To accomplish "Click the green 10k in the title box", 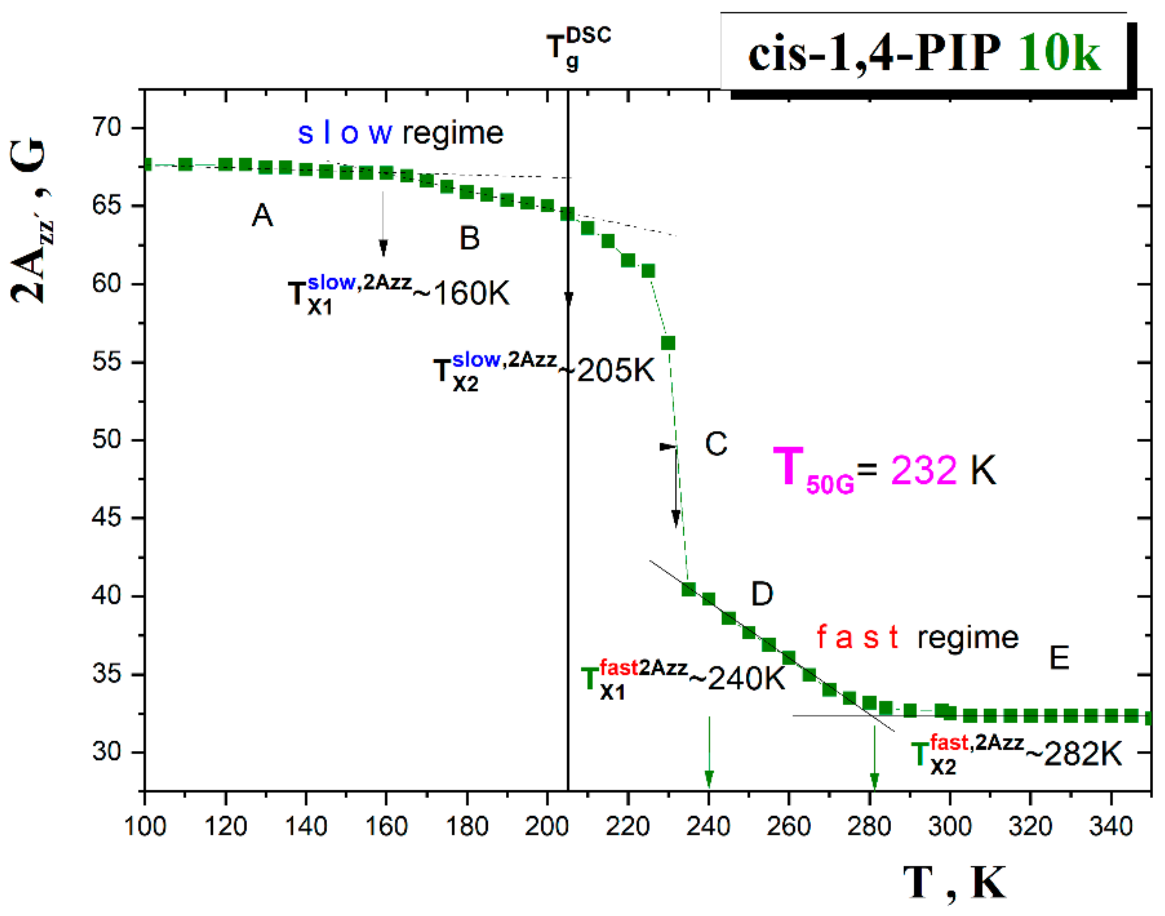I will click(1059, 53).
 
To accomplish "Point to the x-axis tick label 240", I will click(708, 827).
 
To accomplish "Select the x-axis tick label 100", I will click(145, 827).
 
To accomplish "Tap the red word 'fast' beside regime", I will click(858, 638).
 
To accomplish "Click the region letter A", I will click(262, 216).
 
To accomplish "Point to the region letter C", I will click(716, 444).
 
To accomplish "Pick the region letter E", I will click(1059, 658).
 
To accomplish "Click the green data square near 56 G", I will click(668, 343).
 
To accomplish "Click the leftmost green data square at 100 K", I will click(146, 165).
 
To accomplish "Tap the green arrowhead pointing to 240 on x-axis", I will click(709, 778).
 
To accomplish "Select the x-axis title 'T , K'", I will click(954, 883).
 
